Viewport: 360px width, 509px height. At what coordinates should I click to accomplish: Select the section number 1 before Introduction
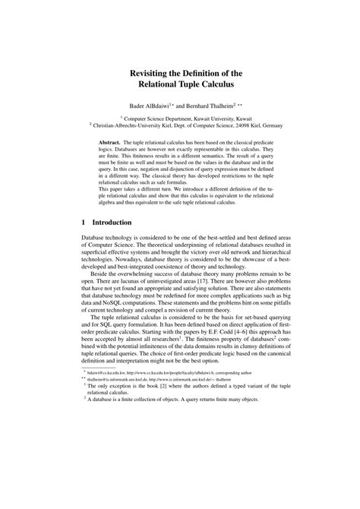point(84,223)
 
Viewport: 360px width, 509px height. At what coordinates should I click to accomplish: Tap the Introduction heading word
point(113,223)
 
